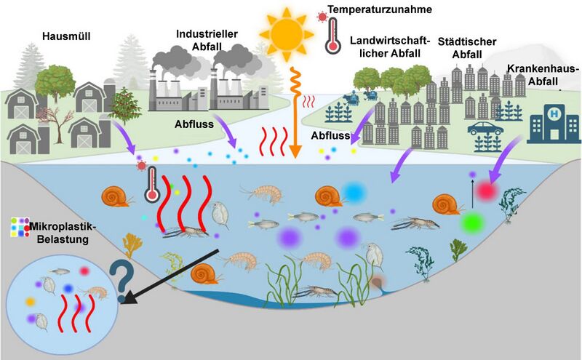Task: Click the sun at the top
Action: [x=286, y=35]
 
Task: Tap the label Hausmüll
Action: [x=66, y=36]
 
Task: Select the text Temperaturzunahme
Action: [x=380, y=9]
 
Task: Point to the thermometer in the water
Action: [x=152, y=185]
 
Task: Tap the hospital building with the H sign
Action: [x=554, y=124]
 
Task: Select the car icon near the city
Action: [x=485, y=128]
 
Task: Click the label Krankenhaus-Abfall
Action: [x=542, y=75]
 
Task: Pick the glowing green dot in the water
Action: [x=473, y=223]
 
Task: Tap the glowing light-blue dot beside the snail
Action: [x=354, y=193]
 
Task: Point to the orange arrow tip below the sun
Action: [x=295, y=156]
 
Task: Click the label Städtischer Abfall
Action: [x=467, y=48]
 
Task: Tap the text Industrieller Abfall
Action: [x=207, y=40]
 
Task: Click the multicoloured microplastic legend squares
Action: [x=20, y=227]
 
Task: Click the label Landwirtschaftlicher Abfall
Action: [x=390, y=47]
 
